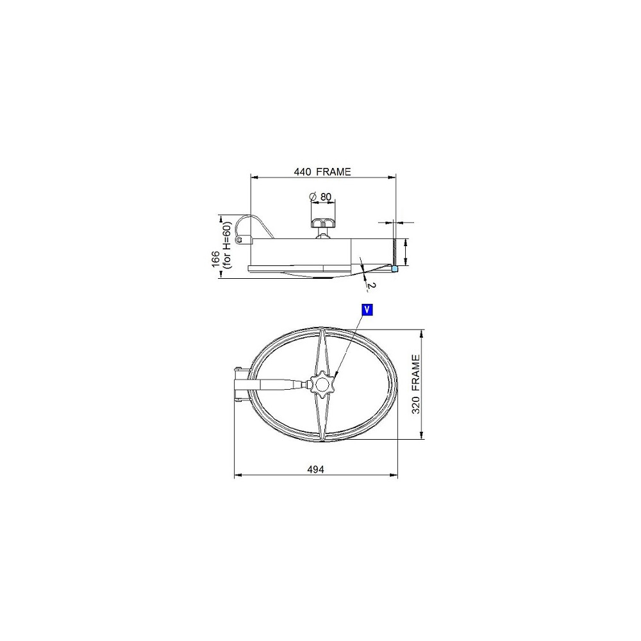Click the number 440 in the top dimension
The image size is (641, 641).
click(x=302, y=172)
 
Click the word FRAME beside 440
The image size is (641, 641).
click(x=333, y=172)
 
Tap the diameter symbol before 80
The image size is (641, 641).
click(x=313, y=197)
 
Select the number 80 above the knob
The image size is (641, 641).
click(x=326, y=197)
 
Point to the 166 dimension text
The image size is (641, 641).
click(x=216, y=259)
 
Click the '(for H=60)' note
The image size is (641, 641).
click(x=228, y=246)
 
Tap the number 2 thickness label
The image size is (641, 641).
click(x=369, y=287)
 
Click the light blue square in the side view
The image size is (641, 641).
click(x=394, y=269)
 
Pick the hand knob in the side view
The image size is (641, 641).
click(x=323, y=223)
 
